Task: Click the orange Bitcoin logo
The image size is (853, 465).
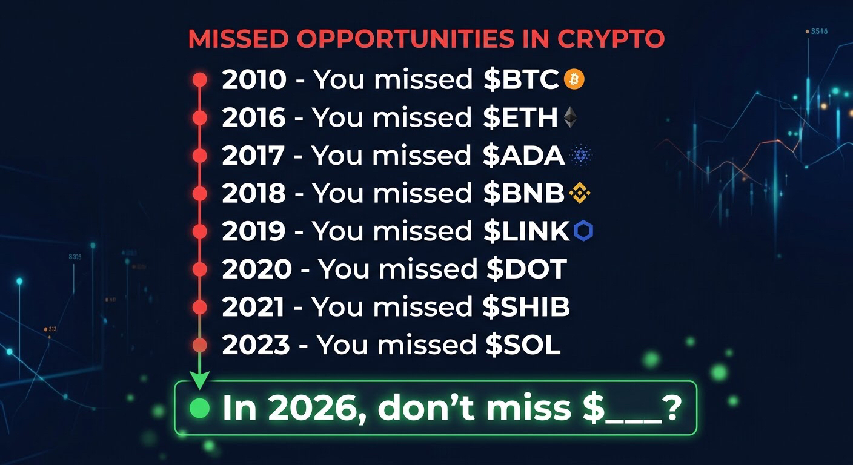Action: click(574, 79)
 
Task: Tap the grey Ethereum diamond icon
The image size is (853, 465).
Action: click(570, 117)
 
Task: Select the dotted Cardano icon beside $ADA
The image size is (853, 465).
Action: click(581, 156)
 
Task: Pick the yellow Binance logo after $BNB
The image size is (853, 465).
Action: click(580, 193)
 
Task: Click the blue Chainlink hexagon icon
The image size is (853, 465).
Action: click(583, 231)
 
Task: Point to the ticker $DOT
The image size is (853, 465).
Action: click(526, 269)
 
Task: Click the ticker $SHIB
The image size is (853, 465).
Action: click(526, 307)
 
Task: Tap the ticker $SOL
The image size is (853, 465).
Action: click(523, 345)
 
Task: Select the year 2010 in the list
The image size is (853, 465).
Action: click(254, 79)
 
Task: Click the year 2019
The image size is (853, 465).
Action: click(253, 231)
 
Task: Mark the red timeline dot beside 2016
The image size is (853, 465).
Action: click(199, 117)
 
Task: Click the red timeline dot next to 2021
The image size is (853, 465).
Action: click(199, 307)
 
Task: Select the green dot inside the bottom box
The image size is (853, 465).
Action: click(199, 408)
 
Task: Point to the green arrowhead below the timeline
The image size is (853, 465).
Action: click(199, 380)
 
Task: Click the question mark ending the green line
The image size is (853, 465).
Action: click(672, 407)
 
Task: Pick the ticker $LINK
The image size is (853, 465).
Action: click(526, 231)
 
